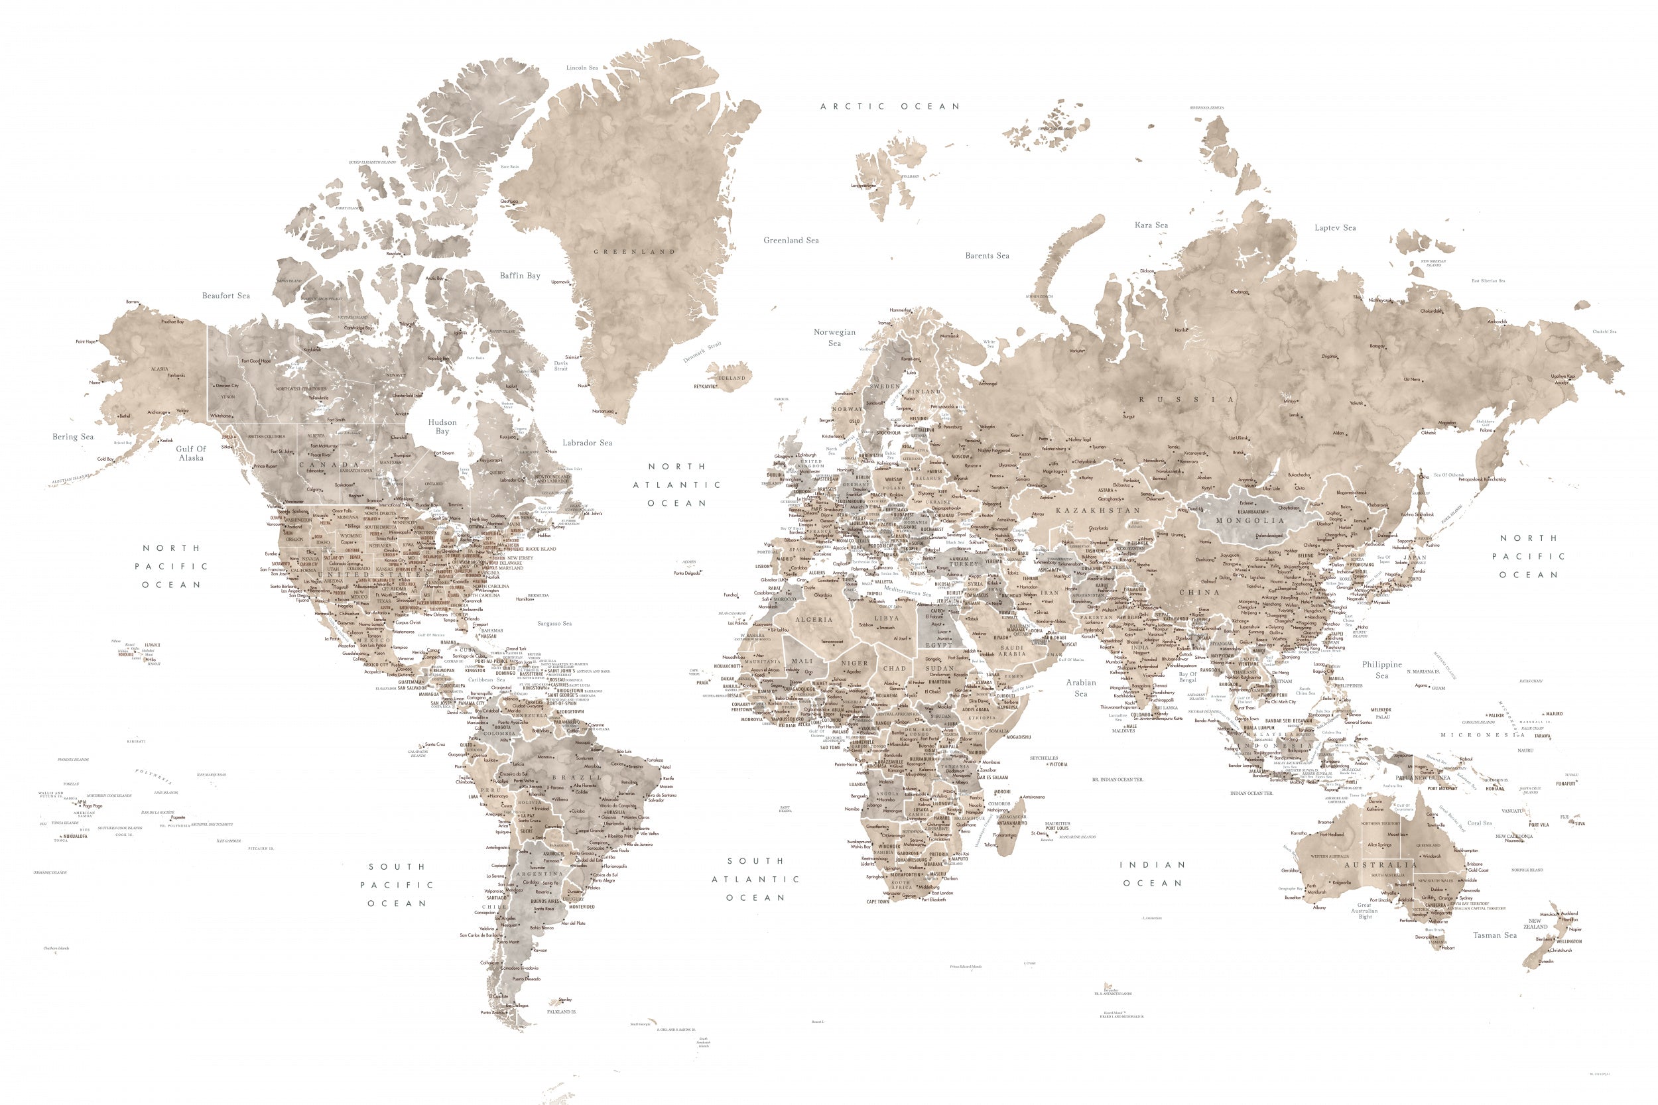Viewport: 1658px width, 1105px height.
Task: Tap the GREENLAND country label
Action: [x=634, y=252]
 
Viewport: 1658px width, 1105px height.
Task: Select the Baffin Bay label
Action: [x=519, y=276]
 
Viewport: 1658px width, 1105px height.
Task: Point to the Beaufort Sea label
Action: [x=225, y=295]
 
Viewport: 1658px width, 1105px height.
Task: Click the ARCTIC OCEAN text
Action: [x=889, y=107]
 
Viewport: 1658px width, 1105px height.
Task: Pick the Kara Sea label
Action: [x=1151, y=225]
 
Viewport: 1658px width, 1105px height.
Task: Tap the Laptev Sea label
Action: [x=1334, y=227]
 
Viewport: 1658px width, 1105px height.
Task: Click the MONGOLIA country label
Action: [x=1250, y=521]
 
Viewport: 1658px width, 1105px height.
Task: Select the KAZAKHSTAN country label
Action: [x=1097, y=510]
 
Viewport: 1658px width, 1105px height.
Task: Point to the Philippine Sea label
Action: [x=1381, y=669]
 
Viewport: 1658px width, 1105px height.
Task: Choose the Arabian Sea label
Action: [x=1080, y=688]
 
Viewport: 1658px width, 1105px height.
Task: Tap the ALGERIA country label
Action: [x=814, y=619]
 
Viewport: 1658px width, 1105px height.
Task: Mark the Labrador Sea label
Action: [x=586, y=443]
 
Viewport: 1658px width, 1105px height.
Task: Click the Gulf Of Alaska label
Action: [x=191, y=453]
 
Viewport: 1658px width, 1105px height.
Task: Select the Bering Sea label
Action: [x=72, y=436]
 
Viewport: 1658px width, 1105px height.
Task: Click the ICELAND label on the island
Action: [x=731, y=378]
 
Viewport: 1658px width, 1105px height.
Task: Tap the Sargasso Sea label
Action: [x=554, y=623]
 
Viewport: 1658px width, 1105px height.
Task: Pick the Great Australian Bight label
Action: [x=1365, y=911]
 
